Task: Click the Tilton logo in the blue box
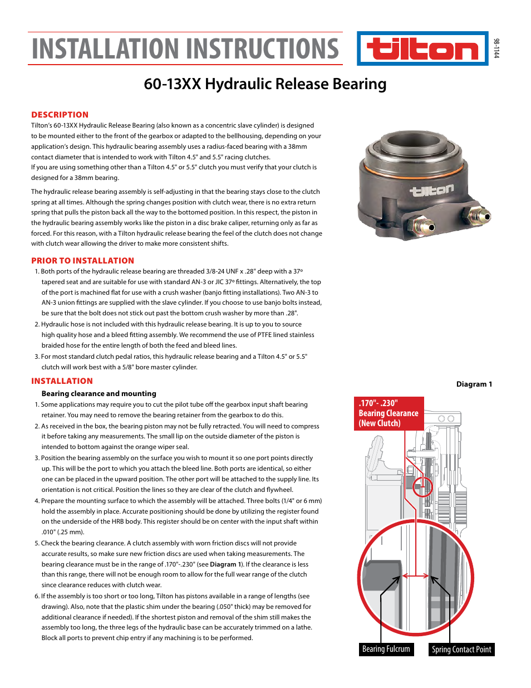[x=422, y=49]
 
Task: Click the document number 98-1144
[x=496, y=48]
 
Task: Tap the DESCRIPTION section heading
[x=60, y=115]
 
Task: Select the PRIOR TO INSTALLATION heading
[x=82, y=261]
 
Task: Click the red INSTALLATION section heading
[x=62, y=381]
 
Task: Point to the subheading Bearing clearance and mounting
[x=99, y=393]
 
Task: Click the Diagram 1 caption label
[x=474, y=384]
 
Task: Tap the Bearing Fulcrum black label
[x=386, y=649]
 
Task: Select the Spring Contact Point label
[x=461, y=650]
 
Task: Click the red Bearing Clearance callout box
[x=389, y=413]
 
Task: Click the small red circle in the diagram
[x=422, y=486]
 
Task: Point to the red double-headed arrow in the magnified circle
[x=416, y=576]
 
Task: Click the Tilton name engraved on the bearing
[x=432, y=191]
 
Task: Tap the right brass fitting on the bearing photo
[x=479, y=215]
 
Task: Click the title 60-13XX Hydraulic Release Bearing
[x=265, y=84]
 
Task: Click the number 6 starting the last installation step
[x=37, y=596]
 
